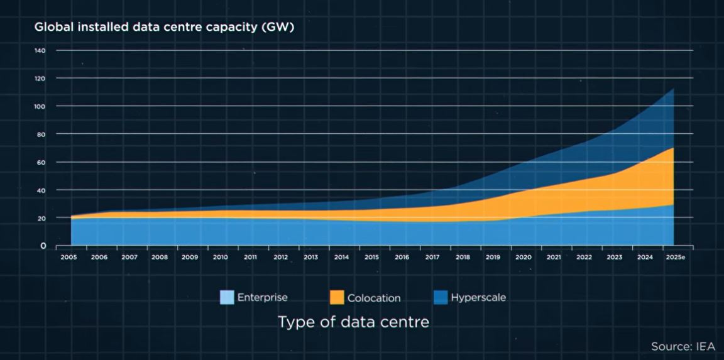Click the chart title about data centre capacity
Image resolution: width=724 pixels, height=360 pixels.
(x=164, y=27)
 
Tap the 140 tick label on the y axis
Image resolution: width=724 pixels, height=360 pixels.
(x=41, y=50)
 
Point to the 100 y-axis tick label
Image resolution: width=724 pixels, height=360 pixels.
(x=41, y=106)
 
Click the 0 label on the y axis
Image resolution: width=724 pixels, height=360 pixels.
(x=43, y=246)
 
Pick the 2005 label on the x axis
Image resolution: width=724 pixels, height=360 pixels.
(x=69, y=257)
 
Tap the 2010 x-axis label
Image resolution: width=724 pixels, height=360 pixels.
(x=220, y=257)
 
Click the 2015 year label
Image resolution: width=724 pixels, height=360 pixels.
(x=371, y=257)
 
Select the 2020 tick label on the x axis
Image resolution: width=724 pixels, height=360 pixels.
(x=523, y=257)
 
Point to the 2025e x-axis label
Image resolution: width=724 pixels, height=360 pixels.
(x=676, y=257)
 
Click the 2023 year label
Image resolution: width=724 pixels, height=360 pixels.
(x=614, y=257)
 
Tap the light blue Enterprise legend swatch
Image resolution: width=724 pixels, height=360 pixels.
(x=227, y=298)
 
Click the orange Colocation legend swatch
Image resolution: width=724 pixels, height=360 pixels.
(x=336, y=298)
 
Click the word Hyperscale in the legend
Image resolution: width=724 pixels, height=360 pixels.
(x=478, y=298)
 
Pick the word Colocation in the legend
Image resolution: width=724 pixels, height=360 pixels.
(x=374, y=298)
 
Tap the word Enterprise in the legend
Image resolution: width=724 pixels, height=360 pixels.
(x=262, y=297)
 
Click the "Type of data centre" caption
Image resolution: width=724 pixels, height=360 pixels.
(x=353, y=322)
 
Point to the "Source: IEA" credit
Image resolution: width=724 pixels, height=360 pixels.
(x=683, y=347)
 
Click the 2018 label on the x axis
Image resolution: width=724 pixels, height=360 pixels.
(x=463, y=257)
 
